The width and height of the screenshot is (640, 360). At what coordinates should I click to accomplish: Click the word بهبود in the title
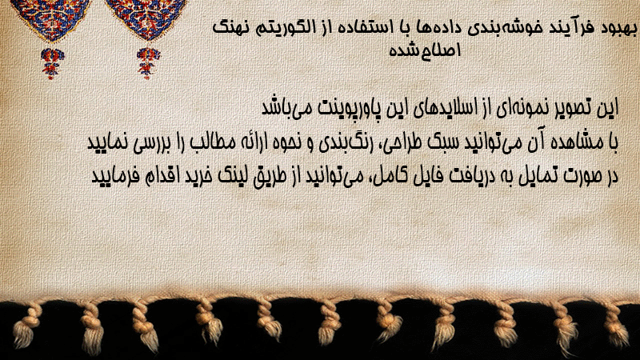619,29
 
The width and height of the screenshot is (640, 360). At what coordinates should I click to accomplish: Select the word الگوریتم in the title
285,28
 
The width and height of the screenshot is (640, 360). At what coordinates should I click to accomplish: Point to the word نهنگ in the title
231,28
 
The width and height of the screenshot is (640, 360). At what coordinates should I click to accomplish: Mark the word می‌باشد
286,108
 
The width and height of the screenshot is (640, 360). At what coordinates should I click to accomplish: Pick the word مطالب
214,142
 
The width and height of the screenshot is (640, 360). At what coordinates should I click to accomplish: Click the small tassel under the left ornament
52,63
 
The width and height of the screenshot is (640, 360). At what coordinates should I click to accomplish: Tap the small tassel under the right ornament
148,63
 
